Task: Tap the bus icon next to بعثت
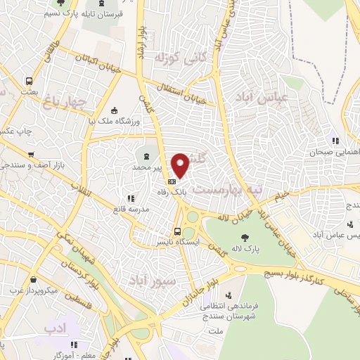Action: [29, 80]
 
